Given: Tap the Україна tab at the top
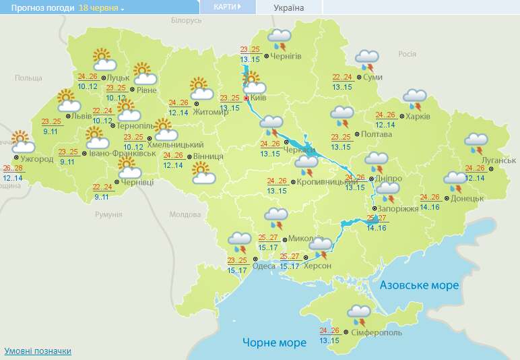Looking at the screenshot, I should pyautogui.click(x=289, y=7).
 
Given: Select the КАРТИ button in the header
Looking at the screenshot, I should pyautogui.click(x=227, y=7).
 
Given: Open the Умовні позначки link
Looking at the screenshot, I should pyautogui.click(x=38, y=351).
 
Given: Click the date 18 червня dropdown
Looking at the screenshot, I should pyautogui.click(x=102, y=8).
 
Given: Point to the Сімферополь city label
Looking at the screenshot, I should pyautogui.click(x=377, y=333).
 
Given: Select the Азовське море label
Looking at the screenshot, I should pyautogui.click(x=419, y=285).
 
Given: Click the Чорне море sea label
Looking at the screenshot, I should pyautogui.click(x=274, y=342).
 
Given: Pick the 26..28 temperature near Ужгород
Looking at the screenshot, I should pyautogui.click(x=12, y=168).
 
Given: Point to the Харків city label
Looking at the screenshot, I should pyautogui.click(x=418, y=116).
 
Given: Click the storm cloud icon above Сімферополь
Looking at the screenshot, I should pyautogui.click(x=359, y=314).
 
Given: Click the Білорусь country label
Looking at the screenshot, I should pyautogui.click(x=186, y=21).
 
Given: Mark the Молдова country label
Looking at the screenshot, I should pyautogui.click(x=185, y=214).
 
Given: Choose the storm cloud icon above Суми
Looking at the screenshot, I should pyautogui.click(x=367, y=59).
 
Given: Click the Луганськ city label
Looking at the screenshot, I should pyautogui.click(x=499, y=160).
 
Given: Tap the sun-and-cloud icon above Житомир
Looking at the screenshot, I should pyautogui.click(x=200, y=88).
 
